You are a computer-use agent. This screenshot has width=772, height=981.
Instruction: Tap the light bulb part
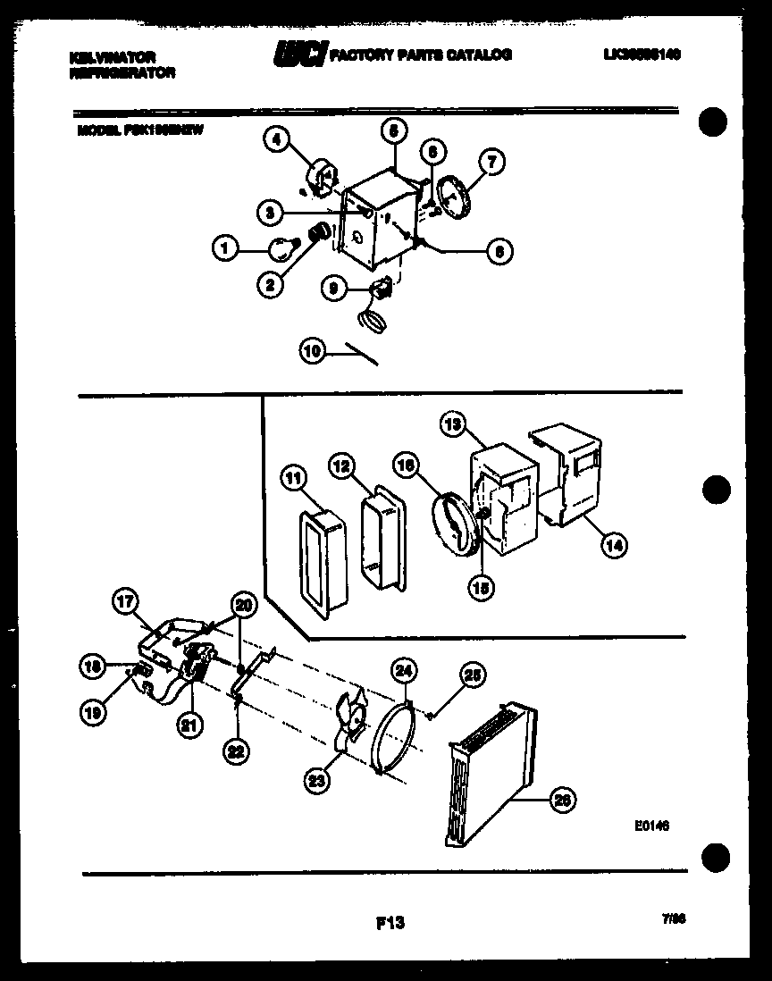pos(283,247)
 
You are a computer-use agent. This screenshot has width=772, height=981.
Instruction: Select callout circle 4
pos(277,139)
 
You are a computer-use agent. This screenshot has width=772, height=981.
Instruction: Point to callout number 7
pos(491,162)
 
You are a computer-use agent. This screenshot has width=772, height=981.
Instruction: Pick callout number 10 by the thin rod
pos(312,352)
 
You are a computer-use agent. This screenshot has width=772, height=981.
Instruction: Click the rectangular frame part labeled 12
pos(382,539)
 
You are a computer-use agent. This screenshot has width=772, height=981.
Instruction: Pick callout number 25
pos(473,676)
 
